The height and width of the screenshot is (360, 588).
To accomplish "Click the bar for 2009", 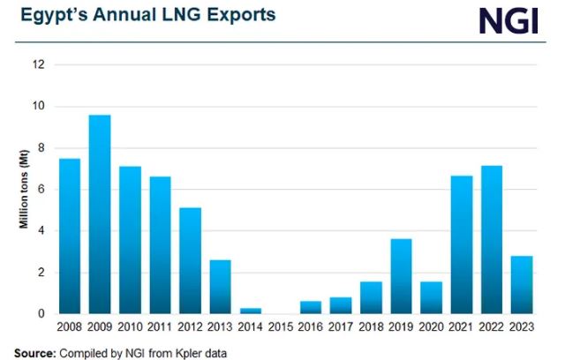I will [x=100, y=214].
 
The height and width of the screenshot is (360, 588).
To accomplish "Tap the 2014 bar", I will [x=251, y=311].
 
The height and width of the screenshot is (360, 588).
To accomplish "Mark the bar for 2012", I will [x=190, y=260].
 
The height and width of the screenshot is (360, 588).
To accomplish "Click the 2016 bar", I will [x=311, y=307].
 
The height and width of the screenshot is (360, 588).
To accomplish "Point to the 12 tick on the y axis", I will [x=38, y=64].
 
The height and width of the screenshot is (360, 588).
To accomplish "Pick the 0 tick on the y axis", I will [x=41, y=313].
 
